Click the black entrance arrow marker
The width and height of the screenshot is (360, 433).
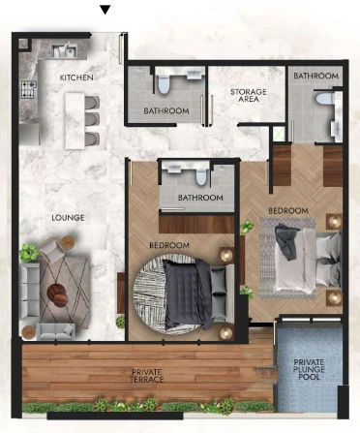click(105, 10)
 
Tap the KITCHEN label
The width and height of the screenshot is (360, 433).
click(76, 77)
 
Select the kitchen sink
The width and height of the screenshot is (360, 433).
click(65, 51)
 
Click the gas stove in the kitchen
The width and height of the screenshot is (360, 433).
click(29, 89)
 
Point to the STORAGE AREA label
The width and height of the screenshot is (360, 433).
click(249, 96)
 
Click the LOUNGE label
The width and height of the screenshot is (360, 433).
click(68, 218)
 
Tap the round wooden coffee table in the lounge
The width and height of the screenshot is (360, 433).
click(57, 294)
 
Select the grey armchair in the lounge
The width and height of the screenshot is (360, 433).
click(52, 249)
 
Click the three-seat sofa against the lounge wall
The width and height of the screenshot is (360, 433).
click(29, 294)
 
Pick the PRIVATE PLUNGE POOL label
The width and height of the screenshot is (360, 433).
click(309, 369)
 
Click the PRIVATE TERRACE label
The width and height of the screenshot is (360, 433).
click(147, 376)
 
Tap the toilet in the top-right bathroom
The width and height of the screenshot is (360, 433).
click(323, 99)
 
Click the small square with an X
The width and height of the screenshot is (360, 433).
click(279, 135)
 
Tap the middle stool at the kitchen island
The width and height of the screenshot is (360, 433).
click(92, 118)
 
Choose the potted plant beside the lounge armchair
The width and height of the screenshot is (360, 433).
click(29, 253)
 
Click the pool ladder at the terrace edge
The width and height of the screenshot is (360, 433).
click(267, 375)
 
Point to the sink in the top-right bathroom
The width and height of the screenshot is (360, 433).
click(336, 129)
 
